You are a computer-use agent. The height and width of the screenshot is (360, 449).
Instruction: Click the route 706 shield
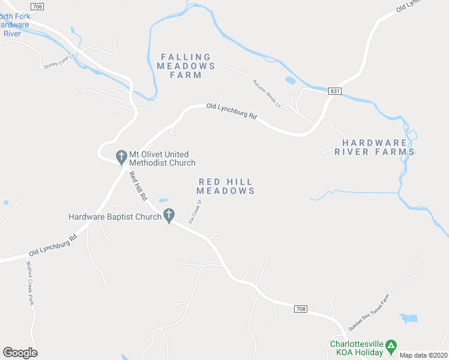pos(37,7)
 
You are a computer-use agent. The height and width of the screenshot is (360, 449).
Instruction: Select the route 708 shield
pos(302,309)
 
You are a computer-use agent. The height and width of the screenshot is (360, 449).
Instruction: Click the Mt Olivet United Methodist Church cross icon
pos(121,157)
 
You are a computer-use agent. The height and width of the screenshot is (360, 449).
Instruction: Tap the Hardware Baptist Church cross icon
pos(169,216)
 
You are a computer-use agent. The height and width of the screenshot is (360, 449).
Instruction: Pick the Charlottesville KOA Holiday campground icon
pos(391,345)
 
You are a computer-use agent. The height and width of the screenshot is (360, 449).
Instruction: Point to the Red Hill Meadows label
pos(226,186)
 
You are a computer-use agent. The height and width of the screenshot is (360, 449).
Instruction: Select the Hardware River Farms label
pos(378,147)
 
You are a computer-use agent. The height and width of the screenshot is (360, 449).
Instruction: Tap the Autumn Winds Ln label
pos(267,93)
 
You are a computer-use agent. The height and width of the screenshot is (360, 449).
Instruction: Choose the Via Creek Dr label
pos(194,212)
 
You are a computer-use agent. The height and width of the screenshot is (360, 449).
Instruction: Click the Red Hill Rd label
pos(138,186)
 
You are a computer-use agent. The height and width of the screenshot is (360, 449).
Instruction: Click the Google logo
pos(20,353)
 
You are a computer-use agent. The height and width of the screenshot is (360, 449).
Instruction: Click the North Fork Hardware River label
pos(13,25)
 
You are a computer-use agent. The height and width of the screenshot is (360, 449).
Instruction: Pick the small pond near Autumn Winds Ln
pos(291,80)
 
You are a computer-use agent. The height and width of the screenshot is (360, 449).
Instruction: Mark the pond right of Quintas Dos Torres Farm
pos(409,318)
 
